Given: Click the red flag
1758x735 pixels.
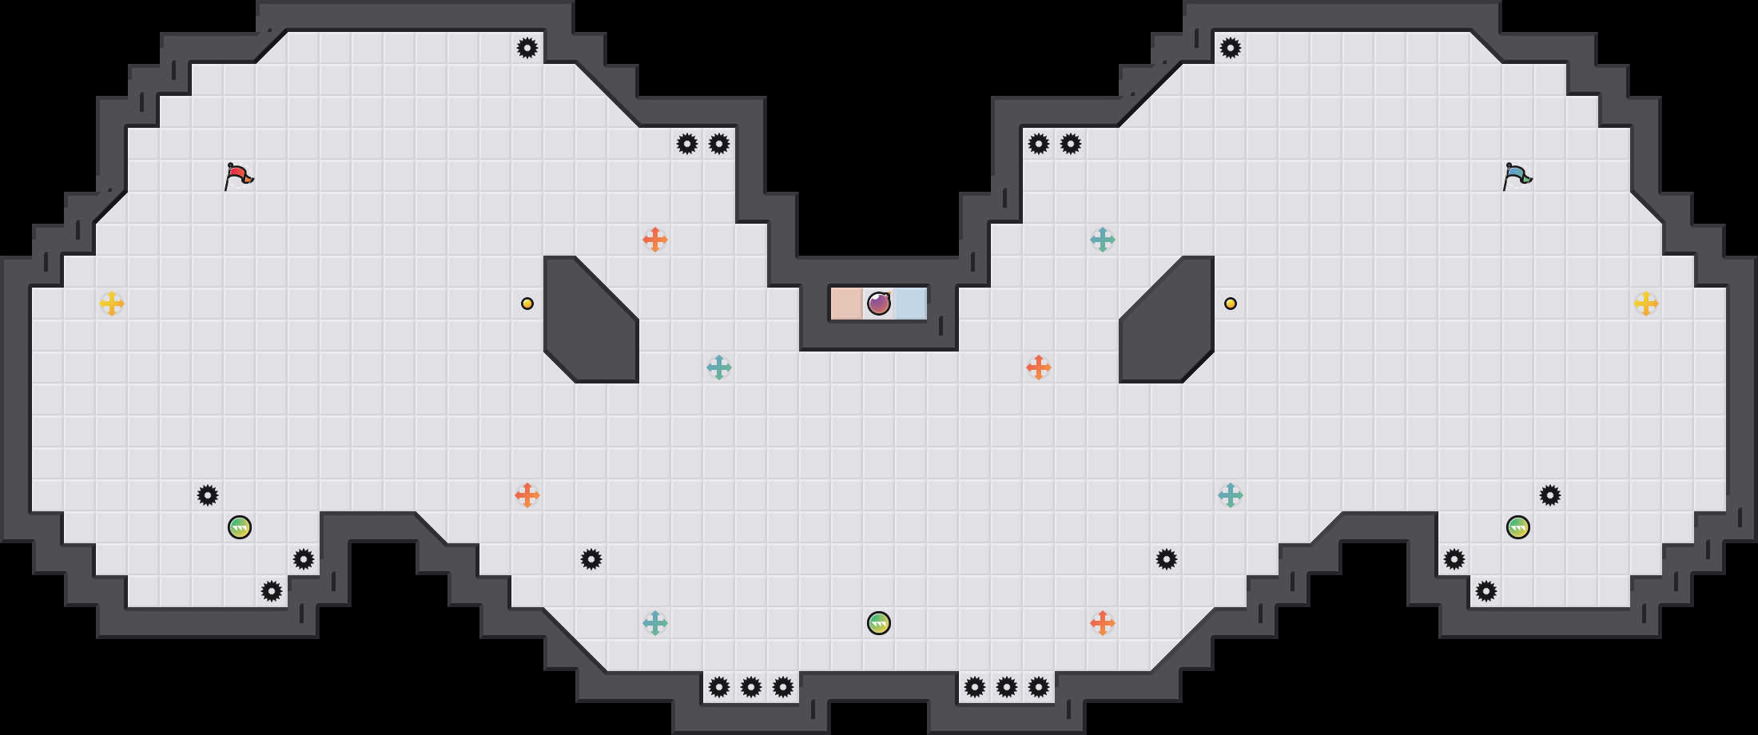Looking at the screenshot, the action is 238,176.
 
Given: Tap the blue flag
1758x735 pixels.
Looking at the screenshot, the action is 1517,176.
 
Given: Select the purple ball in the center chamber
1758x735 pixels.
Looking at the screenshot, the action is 879,304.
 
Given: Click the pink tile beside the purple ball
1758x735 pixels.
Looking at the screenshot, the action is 846,304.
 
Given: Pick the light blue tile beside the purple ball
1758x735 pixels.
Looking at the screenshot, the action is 911,304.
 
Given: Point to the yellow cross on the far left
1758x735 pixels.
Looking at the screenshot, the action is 112,304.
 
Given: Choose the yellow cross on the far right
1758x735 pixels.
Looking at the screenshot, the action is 1646,304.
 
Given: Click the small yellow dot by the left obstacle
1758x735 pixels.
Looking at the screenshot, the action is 527,304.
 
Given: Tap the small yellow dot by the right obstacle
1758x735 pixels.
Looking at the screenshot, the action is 1231,304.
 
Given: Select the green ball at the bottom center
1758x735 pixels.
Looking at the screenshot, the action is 879,623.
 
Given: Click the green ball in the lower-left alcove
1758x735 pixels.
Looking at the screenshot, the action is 240,527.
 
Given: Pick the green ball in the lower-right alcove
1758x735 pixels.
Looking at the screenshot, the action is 1518,527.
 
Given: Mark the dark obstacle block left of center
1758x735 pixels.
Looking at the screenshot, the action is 591,320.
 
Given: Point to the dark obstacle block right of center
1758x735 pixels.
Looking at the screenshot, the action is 1167,320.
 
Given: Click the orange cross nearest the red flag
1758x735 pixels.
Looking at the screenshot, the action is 655,240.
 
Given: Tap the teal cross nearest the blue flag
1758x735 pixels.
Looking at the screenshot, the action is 1103,240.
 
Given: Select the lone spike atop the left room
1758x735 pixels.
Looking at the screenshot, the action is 527,48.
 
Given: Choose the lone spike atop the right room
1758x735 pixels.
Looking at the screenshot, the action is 1231,48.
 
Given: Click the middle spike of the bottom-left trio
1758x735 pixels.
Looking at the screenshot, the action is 751,687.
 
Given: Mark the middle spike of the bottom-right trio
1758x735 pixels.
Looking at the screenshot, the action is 1007,687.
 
